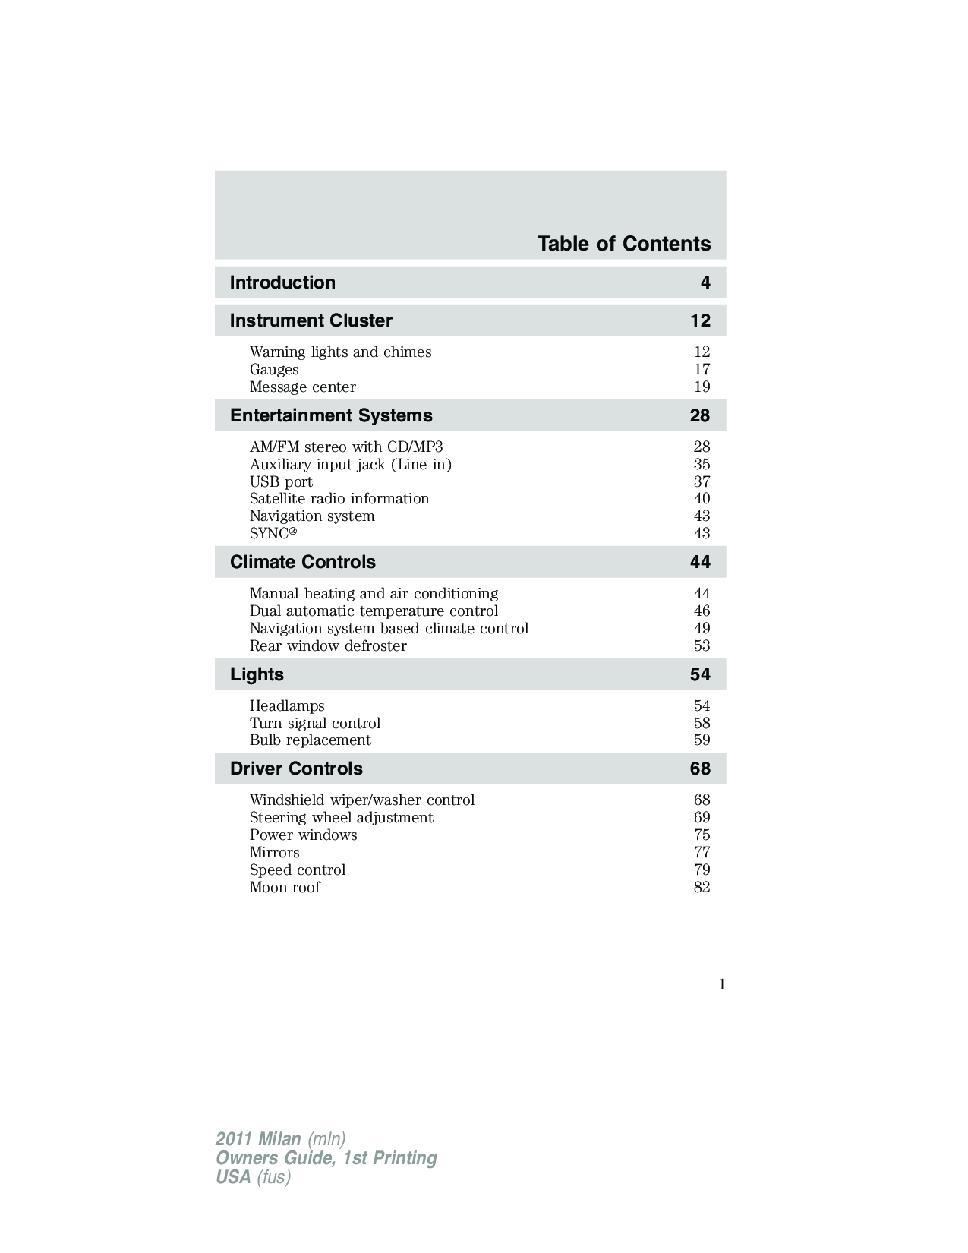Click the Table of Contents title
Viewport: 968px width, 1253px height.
click(x=623, y=244)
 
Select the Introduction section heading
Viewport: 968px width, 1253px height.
click(x=282, y=282)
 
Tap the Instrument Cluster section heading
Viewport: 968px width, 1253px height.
click(x=311, y=320)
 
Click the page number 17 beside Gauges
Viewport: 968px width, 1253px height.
click(x=702, y=370)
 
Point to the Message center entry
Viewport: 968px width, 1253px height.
click(x=302, y=387)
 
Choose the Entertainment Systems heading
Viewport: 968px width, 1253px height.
click(x=331, y=415)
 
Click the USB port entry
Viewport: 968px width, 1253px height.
click(x=281, y=482)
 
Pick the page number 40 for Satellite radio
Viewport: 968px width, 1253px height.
click(x=702, y=499)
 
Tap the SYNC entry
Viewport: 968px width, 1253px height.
click(x=273, y=534)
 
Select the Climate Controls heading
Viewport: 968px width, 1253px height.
click(x=302, y=562)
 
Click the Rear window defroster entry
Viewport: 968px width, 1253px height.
click(x=328, y=646)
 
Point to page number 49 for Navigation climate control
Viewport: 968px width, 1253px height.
click(x=702, y=629)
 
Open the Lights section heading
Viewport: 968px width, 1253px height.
click(x=257, y=674)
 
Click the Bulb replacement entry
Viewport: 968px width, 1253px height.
click(x=310, y=740)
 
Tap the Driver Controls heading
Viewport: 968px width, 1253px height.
click(x=296, y=769)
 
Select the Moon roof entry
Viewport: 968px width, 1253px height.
click(x=285, y=888)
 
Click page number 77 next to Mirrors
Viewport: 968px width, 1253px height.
click(x=702, y=853)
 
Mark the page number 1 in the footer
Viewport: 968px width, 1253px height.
click(x=722, y=985)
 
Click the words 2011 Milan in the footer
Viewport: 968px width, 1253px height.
click(x=258, y=1139)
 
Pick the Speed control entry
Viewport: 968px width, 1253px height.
click(x=297, y=870)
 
